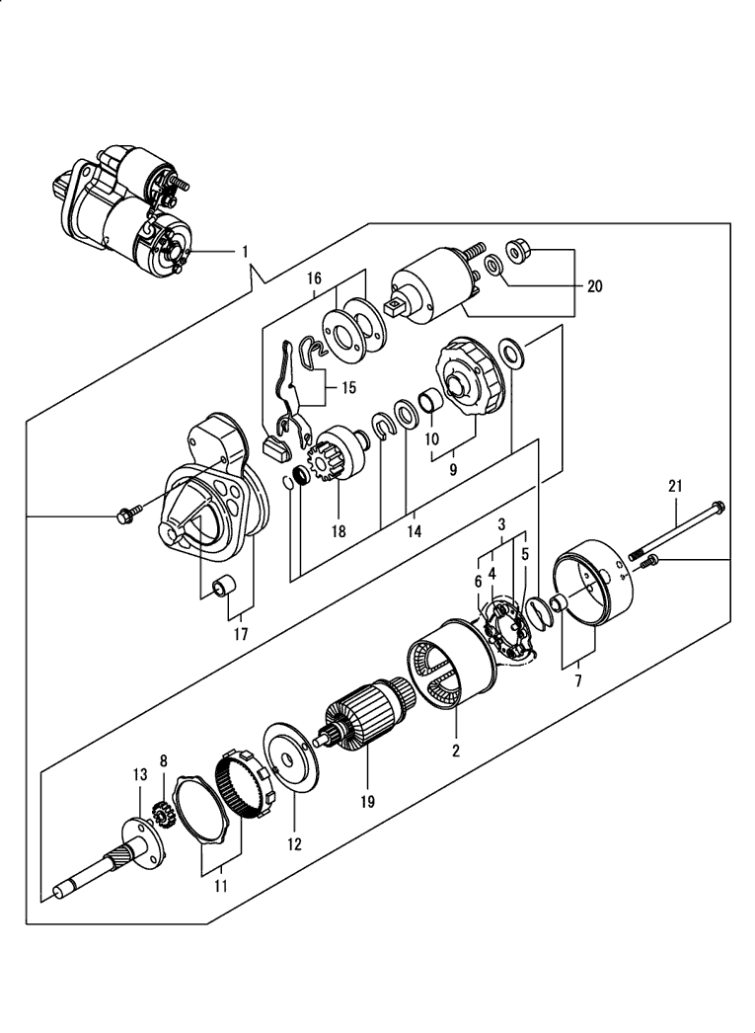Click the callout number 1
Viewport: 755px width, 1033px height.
(x=245, y=252)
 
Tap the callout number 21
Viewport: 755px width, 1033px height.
(x=675, y=486)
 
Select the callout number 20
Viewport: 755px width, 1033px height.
(x=594, y=286)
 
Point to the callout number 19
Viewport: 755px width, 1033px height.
(x=367, y=801)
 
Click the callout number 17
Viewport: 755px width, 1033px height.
(x=241, y=634)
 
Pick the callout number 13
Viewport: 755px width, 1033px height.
(x=140, y=774)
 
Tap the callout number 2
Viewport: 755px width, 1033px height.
(x=456, y=751)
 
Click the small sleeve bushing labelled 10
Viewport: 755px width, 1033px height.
(x=432, y=401)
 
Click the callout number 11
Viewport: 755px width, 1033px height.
(x=220, y=886)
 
